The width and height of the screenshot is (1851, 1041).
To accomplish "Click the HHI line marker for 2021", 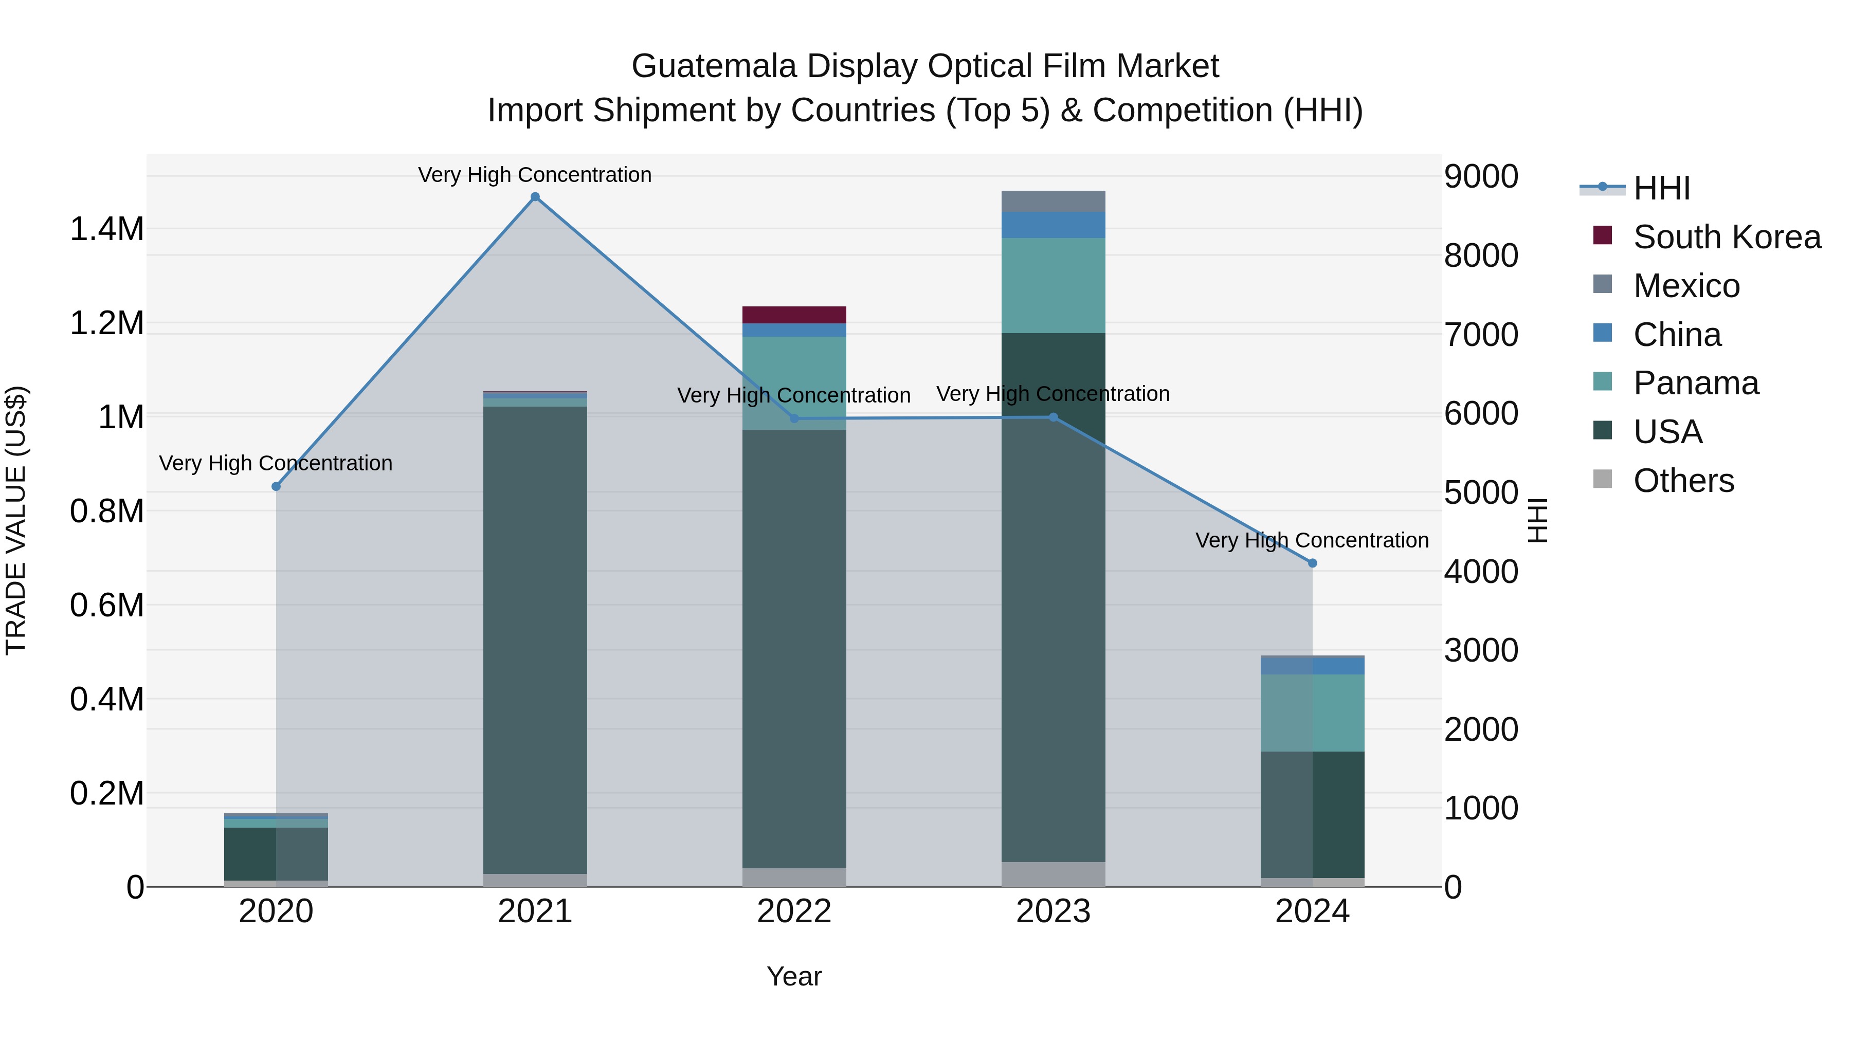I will point(535,197).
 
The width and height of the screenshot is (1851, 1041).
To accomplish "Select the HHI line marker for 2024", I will point(1312,563).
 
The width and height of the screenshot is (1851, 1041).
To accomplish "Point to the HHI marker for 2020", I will point(276,486).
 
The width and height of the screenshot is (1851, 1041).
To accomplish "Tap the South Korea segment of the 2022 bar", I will point(794,315).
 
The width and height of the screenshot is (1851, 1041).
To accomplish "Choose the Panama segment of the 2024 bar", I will point(1312,713).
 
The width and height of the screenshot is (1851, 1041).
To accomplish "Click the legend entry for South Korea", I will point(1727,237).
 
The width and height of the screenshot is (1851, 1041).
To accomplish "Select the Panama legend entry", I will point(1696,383).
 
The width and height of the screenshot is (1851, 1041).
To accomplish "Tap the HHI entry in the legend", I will point(1661,188).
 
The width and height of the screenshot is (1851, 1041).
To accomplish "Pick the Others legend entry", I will point(1683,481).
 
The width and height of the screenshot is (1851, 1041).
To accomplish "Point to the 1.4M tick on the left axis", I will point(106,229).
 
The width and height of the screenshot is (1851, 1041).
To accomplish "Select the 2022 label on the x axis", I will point(794,911).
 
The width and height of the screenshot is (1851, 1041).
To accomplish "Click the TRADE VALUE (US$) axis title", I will point(16,520).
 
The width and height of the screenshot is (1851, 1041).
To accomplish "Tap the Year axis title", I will point(794,976).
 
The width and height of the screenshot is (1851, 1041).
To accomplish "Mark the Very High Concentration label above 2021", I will point(535,175).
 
